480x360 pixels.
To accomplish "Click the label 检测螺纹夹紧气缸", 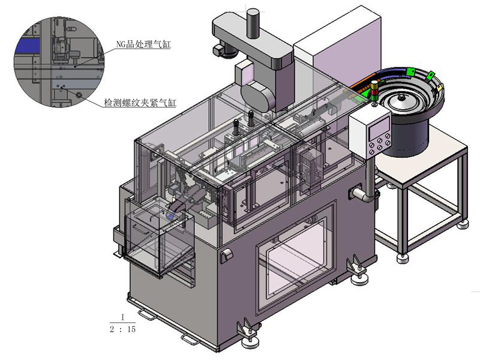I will [x=140, y=103].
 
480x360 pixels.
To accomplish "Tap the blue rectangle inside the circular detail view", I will [x=28, y=44].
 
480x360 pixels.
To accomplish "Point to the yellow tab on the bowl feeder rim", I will [x=442, y=88].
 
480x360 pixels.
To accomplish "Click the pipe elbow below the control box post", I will [x=362, y=195].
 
